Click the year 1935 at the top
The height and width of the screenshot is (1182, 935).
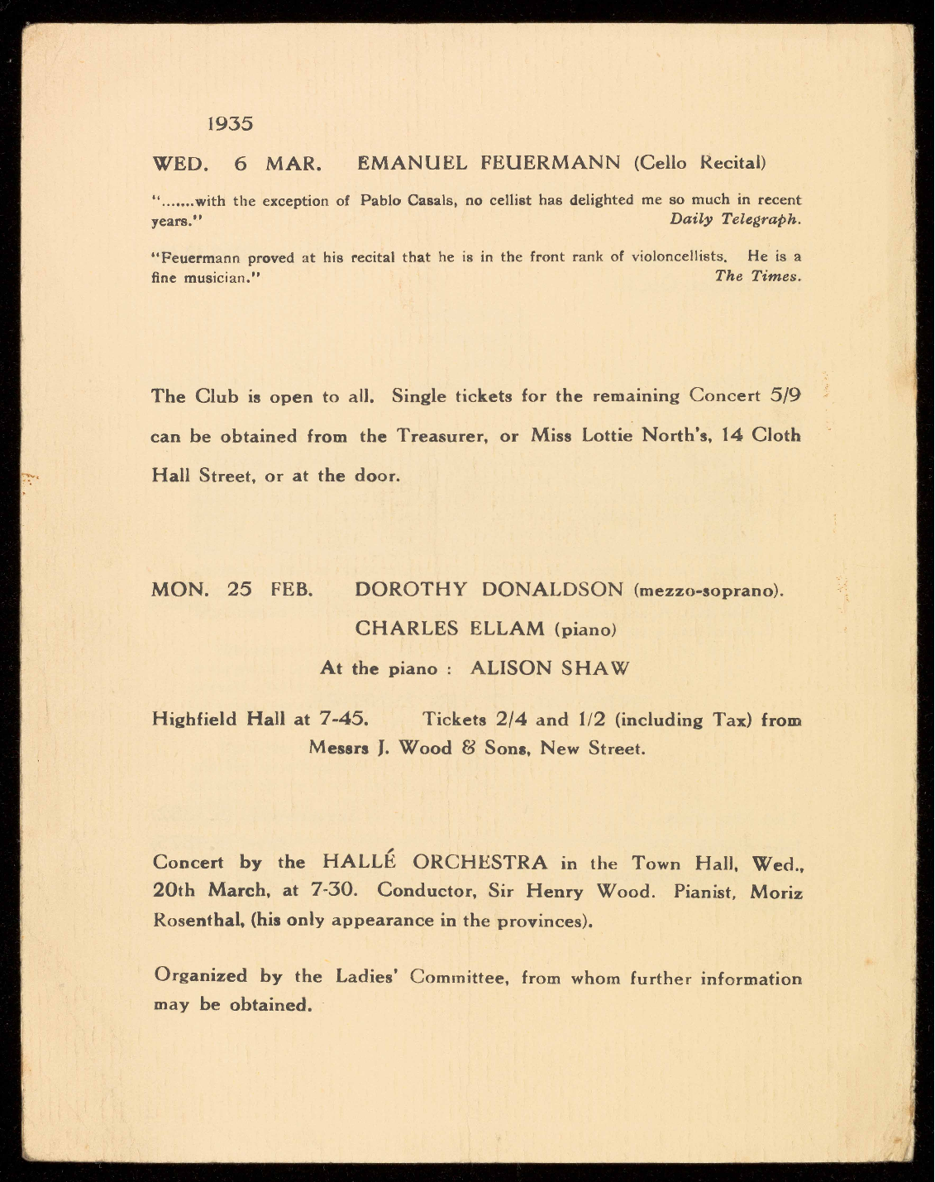point(230,124)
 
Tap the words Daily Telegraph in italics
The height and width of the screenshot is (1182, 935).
point(735,219)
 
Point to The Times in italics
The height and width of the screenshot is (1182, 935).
point(757,276)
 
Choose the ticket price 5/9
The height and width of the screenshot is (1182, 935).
point(785,395)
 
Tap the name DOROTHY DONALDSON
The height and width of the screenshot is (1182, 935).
point(489,590)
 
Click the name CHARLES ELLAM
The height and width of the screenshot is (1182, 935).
point(452,629)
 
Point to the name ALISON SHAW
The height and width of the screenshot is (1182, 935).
point(549,668)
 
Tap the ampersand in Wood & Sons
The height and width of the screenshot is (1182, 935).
point(468,749)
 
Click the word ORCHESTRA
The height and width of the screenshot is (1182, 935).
point(479,863)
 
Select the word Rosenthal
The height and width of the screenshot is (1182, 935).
point(198,921)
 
